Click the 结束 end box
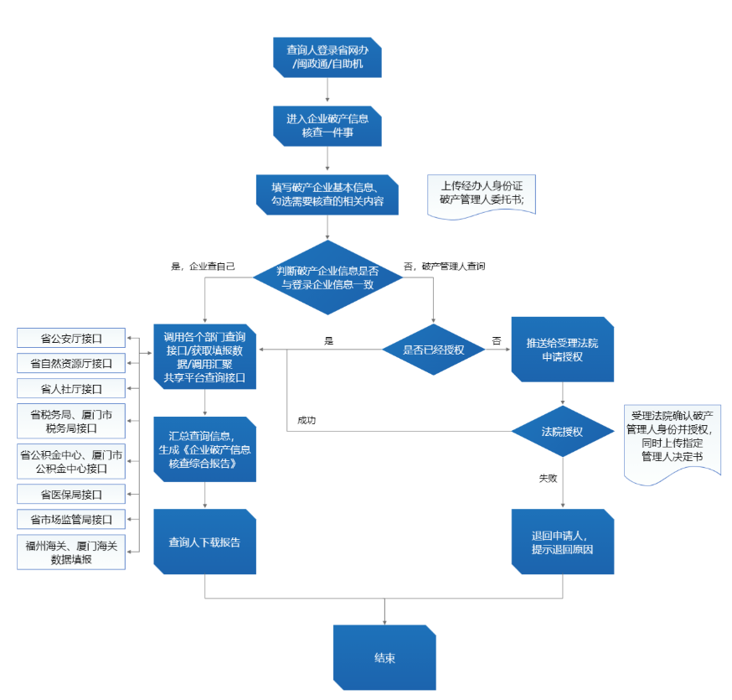point(384,657)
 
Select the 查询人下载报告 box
point(204,542)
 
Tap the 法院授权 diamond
point(562,431)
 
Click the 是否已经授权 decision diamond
point(433,350)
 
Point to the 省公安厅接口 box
point(71,338)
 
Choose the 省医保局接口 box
point(71,494)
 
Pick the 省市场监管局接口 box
point(71,519)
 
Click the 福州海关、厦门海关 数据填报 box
point(71,552)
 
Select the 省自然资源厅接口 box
point(71,363)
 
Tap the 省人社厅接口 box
point(71,388)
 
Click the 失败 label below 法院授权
point(548,478)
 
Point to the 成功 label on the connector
point(307,420)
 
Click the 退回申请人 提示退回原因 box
point(563,542)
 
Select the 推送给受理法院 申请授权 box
point(563,350)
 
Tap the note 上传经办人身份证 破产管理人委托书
point(482,196)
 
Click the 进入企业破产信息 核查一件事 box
point(327,126)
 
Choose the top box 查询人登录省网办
point(327,57)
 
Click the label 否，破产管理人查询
point(445,266)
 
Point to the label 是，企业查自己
point(203,266)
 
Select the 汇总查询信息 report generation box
point(204,449)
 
